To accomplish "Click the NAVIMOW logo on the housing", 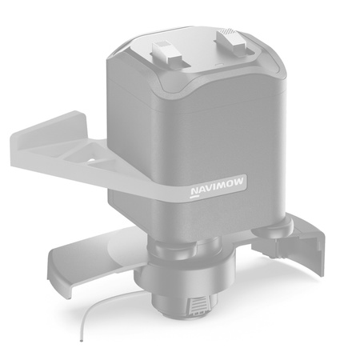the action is click(217, 186).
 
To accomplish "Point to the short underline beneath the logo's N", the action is click(194, 197).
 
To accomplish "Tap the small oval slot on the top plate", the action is click(219, 65).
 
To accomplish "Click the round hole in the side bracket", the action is click(90, 160).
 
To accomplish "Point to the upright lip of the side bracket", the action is click(48, 127).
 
